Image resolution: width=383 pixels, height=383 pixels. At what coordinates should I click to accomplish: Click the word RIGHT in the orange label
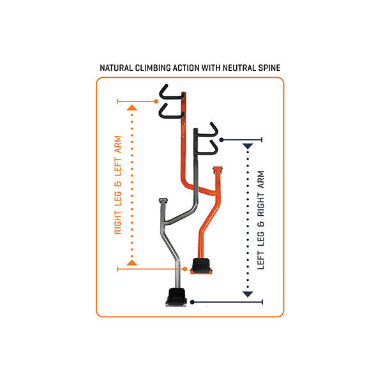(118, 219)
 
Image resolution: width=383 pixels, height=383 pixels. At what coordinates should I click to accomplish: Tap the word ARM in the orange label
(118, 147)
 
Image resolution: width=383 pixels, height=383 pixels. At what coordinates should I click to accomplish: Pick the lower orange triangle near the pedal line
(132, 262)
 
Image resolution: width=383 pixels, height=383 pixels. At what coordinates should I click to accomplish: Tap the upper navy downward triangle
(248, 146)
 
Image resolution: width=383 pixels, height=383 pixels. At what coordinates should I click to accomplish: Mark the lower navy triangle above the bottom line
(248, 294)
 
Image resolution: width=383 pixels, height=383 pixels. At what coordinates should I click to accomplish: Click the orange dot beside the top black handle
(157, 101)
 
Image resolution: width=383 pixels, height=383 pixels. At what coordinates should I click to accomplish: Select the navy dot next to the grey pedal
(191, 302)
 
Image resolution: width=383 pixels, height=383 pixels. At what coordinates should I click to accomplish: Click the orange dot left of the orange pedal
(186, 269)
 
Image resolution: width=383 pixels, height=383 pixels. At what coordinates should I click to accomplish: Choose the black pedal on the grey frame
(176, 296)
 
